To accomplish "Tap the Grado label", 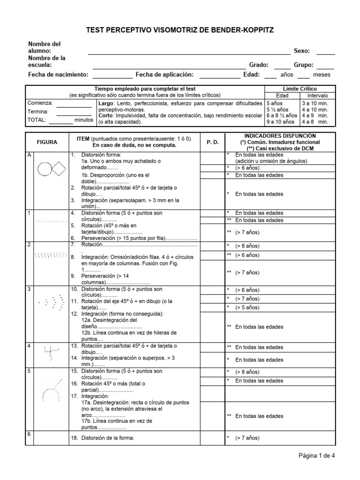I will click(x=258, y=65).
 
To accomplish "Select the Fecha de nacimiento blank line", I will click(x=112, y=75).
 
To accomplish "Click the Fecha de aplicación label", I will click(x=164, y=75).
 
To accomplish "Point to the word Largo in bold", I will click(x=107, y=102).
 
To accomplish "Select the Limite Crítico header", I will click(x=300, y=89).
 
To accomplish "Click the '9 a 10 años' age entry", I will click(x=280, y=122).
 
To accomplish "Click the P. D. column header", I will click(x=212, y=142).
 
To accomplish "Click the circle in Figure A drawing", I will click(x=45, y=168).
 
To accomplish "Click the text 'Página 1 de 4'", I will click(x=317, y=455).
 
